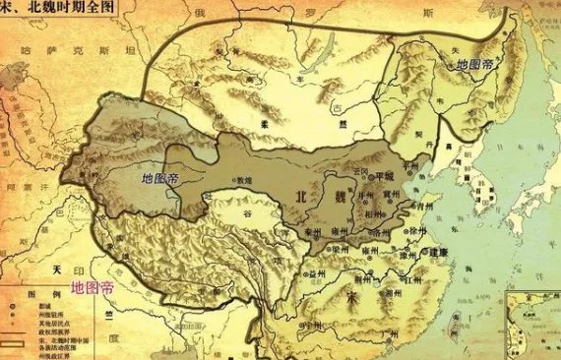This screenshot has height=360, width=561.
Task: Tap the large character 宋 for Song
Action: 352,296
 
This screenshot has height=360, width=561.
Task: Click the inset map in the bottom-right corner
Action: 531,325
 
